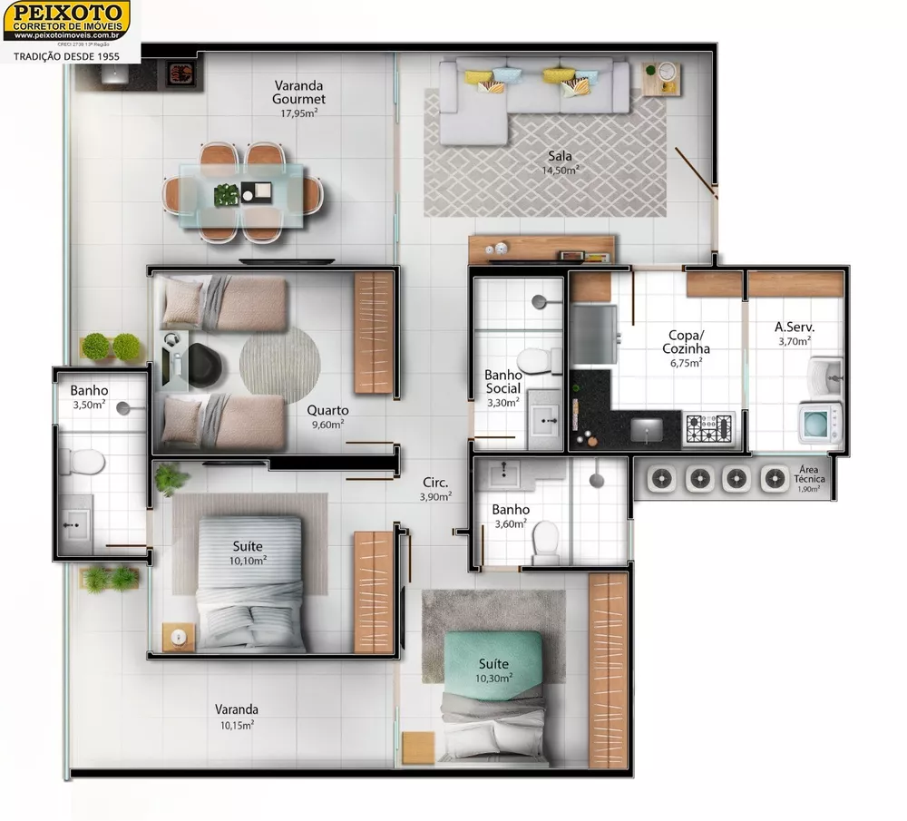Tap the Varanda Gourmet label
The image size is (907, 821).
tap(299, 93)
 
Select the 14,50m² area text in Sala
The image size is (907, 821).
tap(560, 170)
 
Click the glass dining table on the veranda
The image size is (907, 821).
tap(241, 193)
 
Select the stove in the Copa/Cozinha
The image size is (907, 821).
tap(709, 428)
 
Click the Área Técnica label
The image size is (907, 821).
tap(807, 475)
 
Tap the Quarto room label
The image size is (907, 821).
tap(327, 410)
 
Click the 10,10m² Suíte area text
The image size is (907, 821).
tap(248, 561)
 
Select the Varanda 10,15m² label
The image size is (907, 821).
tap(237, 717)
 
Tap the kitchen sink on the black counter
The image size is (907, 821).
tap(646, 428)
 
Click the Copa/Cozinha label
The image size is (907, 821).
tap(686, 341)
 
